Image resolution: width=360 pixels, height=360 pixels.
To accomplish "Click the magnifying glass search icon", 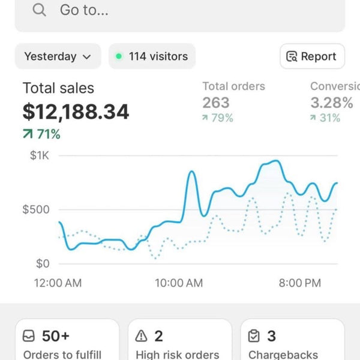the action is pyautogui.click(x=39, y=10).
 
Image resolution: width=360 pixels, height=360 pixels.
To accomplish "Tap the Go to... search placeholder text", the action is pyautogui.click(x=84, y=10).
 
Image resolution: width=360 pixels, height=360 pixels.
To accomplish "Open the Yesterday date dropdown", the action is pyautogui.click(x=58, y=56).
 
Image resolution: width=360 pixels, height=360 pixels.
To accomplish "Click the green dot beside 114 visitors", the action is pyautogui.click(x=119, y=56).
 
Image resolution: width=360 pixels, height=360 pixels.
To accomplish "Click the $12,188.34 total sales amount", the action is pyautogui.click(x=76, y=112).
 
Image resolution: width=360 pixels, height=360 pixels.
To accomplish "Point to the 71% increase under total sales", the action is pyautogui.click(x=41, y=134).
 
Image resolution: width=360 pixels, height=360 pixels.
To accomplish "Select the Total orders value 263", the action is pyautogui.click(x=216, y=103).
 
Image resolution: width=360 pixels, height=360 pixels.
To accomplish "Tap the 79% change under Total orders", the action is pyautogui.click(x=218, y=118).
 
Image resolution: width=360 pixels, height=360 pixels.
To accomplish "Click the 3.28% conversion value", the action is pyautogui.click(x=332, y=103).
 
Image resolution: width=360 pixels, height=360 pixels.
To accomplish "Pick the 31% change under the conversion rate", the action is pyautogui.click(x=325, y=118).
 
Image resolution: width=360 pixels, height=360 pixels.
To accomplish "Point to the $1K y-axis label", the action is pyautogui.click(x=40, y=155).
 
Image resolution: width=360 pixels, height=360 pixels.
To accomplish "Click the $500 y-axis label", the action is pyautogui.click(x=36, y=209).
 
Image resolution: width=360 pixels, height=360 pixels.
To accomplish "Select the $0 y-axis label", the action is pyautogui.click(x=43, y=263).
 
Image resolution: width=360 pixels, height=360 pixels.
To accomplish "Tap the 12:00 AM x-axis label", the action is pyautogui.click(x=58, y=283).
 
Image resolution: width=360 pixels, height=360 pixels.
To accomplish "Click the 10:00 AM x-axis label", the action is pyautogui.click(x=179, y=283).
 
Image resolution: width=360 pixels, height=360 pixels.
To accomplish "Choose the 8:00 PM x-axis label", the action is pyautogui.click(x=300, y=283).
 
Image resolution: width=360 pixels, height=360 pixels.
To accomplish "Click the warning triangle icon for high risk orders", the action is pyautogui.click(x=141, y=336).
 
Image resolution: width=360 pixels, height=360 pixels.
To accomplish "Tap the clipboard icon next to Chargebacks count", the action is pyautogui.click(x=254, y=336).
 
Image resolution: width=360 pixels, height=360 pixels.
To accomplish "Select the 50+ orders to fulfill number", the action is pyautogui.click(x=56, y=336).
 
